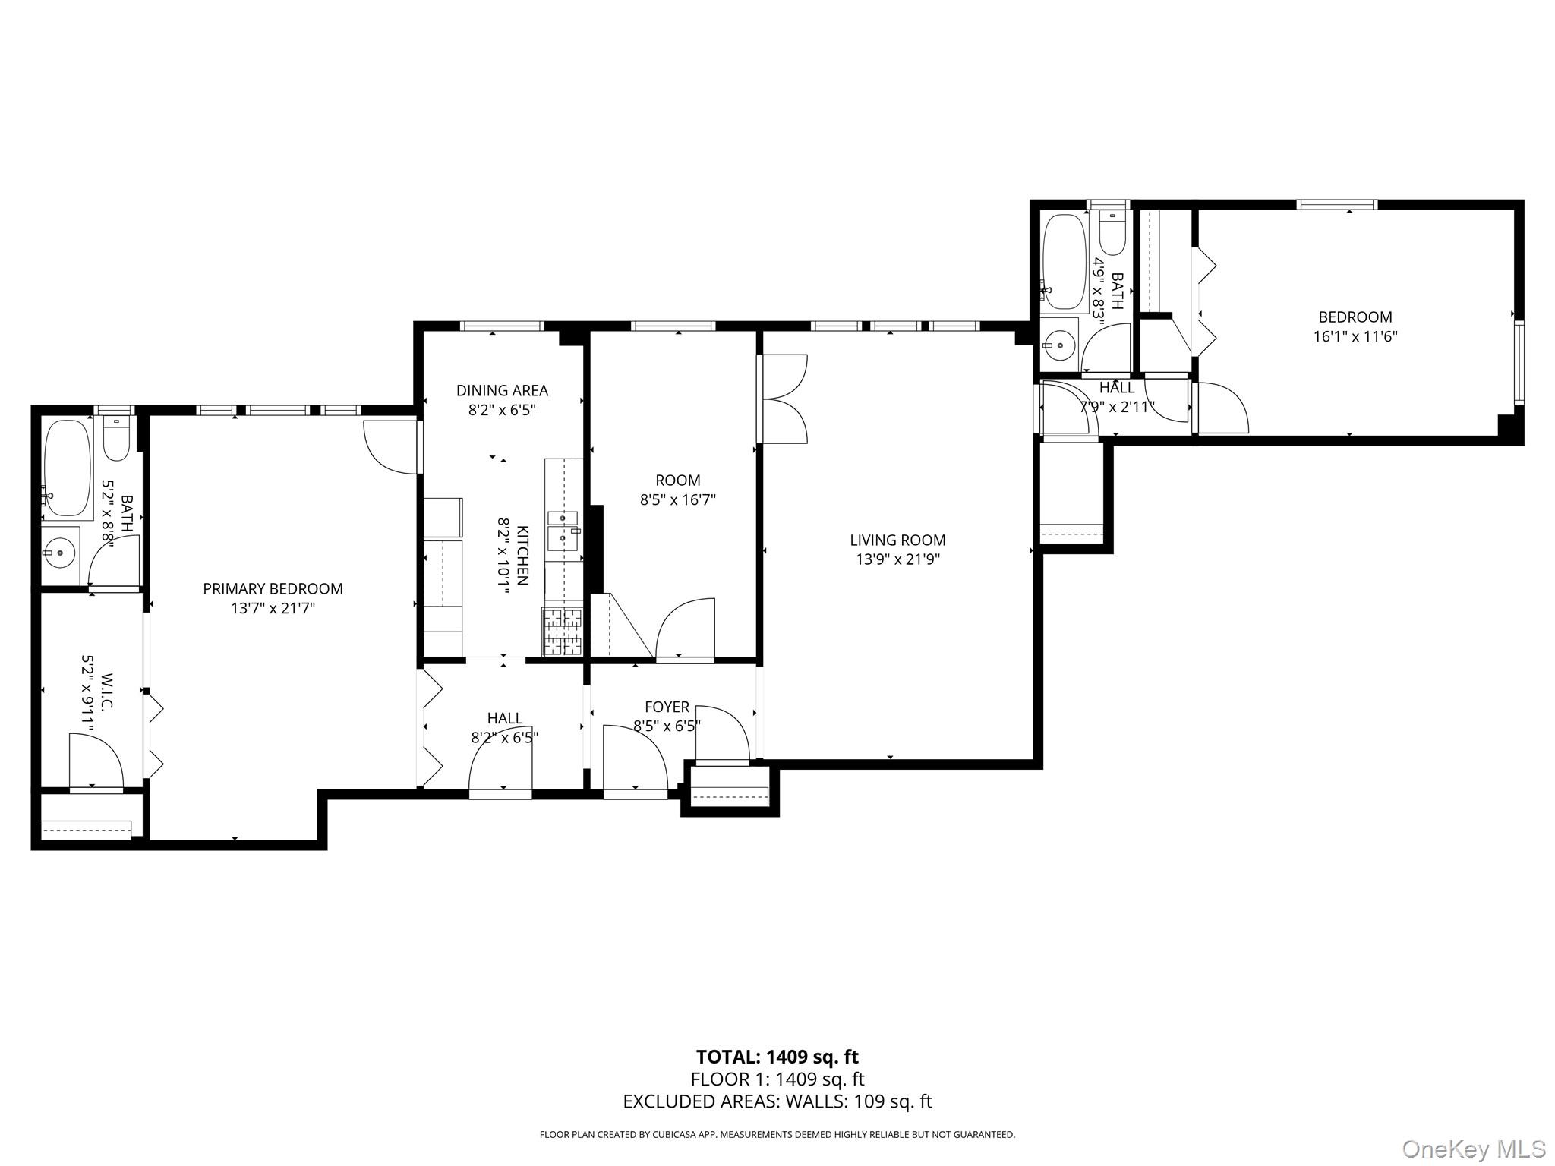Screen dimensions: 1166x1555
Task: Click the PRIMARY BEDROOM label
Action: coord(273,588)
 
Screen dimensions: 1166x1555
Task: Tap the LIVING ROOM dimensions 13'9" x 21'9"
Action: coord(897,559)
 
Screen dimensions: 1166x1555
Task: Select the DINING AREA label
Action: coord(502,390)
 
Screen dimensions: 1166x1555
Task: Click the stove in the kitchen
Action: coord(562,632)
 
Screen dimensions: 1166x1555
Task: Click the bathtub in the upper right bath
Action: coord(1065,262)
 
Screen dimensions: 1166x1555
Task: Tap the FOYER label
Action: coord(667,707)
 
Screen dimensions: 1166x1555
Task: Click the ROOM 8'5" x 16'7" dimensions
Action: coord(678,499)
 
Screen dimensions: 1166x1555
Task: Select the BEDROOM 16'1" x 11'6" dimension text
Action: coord(1355,336)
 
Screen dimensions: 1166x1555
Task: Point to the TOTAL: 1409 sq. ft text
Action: coord(777,1057)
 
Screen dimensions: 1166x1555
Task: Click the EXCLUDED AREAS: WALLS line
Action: coord(777,1101)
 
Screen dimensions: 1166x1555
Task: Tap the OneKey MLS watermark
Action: coord(1473,1149)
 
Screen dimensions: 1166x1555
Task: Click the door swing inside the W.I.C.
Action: coord(95,761)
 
